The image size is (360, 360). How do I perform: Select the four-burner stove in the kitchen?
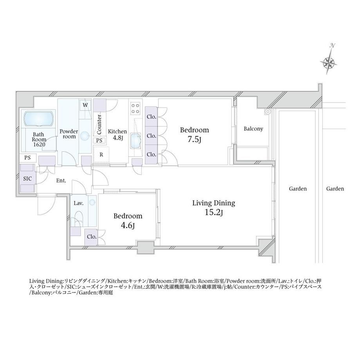[135, 108]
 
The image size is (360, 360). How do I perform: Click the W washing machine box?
[85, 105]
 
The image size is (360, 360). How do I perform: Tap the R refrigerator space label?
[101, 155]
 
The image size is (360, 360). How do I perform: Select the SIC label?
[27, 178]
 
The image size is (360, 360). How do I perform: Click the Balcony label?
[253, 129]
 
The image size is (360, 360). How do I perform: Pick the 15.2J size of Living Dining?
[214, 212]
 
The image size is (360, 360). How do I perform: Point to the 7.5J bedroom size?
[194, 139]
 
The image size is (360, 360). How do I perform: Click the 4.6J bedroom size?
[128, 225]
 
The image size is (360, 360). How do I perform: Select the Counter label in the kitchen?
[99, 124]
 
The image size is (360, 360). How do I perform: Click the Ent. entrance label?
[61, 181]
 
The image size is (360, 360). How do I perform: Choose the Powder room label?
[69, 134]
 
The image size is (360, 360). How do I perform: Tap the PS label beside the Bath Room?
[27, 158]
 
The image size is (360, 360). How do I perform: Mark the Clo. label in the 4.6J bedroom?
[92, 236]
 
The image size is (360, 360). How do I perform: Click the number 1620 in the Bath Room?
[39, 144]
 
